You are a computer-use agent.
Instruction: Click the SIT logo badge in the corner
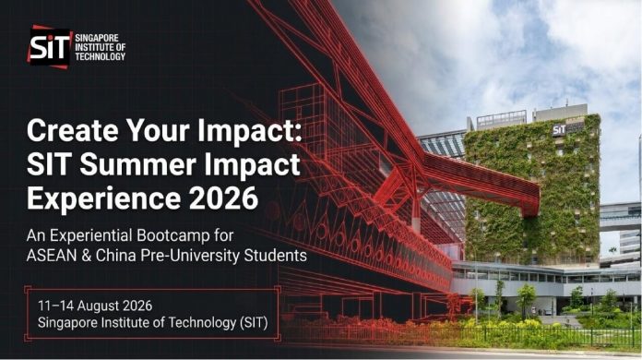[50, 47]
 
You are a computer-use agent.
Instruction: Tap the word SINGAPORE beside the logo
[97, 38]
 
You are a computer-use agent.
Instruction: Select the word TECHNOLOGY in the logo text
[100, 56]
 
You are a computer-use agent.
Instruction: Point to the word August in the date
[99, 306]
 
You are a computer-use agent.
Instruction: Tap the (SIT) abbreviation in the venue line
[253, 323]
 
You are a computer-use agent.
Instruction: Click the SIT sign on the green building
[559, 130]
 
